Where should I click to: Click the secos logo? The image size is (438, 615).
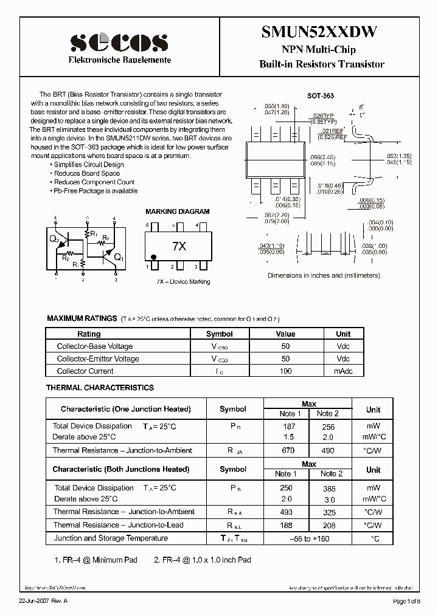point(119,41)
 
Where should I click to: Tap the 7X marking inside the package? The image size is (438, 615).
point(179,246)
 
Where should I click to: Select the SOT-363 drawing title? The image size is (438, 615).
point(320,96)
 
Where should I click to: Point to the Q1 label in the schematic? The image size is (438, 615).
point(119,257)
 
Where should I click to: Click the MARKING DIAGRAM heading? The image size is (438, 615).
point(177,211)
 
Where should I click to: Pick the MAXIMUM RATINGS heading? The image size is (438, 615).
point(82,318)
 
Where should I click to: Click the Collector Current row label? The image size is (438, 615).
point(85,371)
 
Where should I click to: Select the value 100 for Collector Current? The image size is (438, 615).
point(285,371)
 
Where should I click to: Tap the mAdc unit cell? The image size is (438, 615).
point(343,371)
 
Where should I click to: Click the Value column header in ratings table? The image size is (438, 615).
point(285,334)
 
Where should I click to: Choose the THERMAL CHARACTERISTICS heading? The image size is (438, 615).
point(100,388)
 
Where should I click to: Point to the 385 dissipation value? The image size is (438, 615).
point(328,488)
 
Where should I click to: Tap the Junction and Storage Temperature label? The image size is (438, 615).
point(111,538)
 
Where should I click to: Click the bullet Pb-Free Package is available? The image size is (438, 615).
point(95,191)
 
